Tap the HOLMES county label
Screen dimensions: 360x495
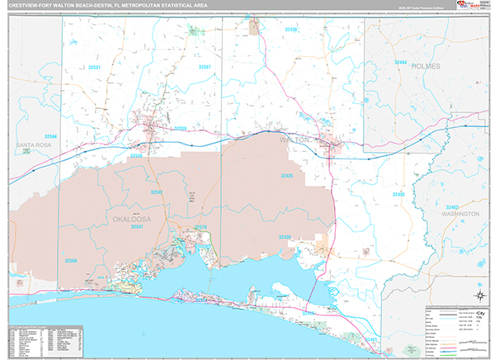427,65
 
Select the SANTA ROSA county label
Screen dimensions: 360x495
32,144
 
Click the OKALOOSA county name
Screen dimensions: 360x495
128,218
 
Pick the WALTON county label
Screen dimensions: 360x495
295,140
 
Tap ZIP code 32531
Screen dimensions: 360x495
94,67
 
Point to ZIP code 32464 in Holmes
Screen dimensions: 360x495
400,61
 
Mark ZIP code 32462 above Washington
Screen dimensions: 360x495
451,207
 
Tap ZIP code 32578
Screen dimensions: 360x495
200,228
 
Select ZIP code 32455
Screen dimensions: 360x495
398,194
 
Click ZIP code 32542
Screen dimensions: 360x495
156,192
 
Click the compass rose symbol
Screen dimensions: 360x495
479,293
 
